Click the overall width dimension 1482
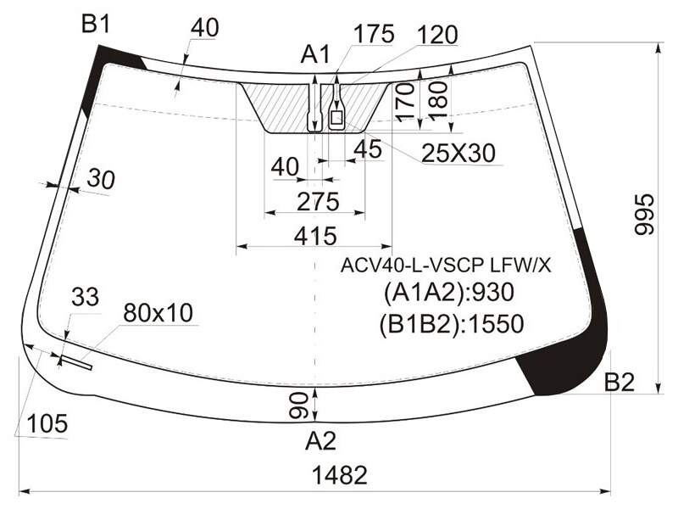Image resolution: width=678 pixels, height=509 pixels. (x=340, y=475)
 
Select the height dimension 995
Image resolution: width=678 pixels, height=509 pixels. (x=645, y=215)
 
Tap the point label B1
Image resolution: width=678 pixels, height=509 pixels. (x=96, y=25)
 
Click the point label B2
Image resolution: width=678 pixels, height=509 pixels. (x=620, y=382)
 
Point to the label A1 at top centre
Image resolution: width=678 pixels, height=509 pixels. (x=315, y=54)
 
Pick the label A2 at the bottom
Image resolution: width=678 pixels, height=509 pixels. (x=320, y=441)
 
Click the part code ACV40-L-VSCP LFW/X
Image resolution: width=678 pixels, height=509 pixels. (x=446, y=266)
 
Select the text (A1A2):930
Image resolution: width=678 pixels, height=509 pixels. (x=449, y=293)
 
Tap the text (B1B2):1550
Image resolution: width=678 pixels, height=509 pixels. (x=452, y=324)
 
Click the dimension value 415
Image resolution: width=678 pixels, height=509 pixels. (x=315, y=237)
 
